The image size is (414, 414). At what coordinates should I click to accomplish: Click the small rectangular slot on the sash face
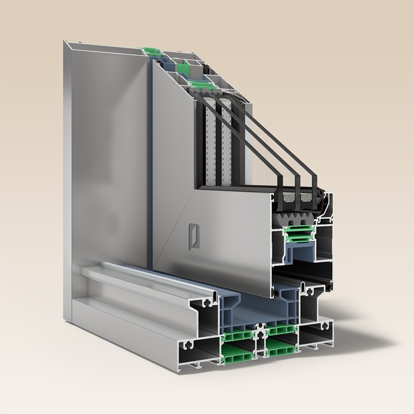click(x=194, y=235)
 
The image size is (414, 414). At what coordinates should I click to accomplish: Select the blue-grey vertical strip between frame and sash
click(x=152, y=159)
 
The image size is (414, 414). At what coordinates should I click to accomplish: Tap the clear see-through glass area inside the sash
click(x=255, y=165)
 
